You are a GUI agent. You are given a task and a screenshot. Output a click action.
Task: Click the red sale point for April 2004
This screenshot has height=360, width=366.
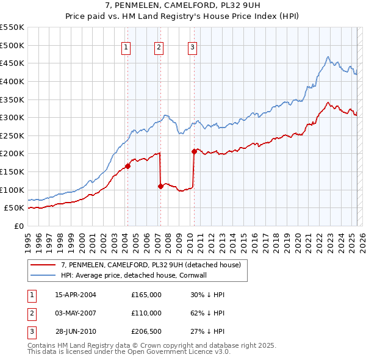[x=128, y=165]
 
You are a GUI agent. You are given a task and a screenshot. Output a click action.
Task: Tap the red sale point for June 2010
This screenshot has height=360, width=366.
[x=194, y=151]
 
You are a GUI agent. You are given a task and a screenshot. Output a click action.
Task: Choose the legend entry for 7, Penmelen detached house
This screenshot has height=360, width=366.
[x=151, y=265]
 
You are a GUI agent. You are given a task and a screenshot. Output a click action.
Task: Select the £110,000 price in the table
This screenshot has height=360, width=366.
[x=146, y=313]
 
